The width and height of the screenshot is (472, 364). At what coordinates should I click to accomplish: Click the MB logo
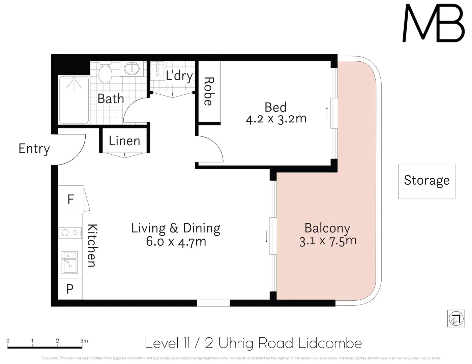tap(434, 23)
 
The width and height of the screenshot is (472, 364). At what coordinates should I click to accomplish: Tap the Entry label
tap(34, 149)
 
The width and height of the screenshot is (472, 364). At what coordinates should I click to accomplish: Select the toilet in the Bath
tap(105, 72)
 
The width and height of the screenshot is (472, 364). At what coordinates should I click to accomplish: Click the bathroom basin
tap(131, 68)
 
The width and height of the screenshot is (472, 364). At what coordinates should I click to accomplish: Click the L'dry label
tap(179, 75)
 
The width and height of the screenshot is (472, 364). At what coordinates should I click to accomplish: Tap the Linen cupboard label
tap(124, 141)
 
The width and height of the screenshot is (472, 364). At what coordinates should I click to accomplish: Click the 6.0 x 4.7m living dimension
tap(176, 242)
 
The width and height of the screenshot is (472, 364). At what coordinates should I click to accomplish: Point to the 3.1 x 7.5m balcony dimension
tap(328, 241)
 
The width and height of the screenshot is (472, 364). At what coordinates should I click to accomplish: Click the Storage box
tap(426, 181)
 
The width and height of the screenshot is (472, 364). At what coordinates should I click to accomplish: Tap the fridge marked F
tap(70, 199)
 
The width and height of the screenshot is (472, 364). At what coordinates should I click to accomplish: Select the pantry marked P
tap(70, 289)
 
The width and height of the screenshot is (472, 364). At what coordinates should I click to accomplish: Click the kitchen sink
tap(70, 262)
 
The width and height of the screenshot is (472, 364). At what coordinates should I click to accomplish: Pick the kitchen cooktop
tap(70, 233)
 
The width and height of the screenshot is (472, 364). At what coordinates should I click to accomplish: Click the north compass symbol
tap(456, 318)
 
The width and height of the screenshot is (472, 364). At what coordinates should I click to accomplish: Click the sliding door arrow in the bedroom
tap(327, 113)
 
